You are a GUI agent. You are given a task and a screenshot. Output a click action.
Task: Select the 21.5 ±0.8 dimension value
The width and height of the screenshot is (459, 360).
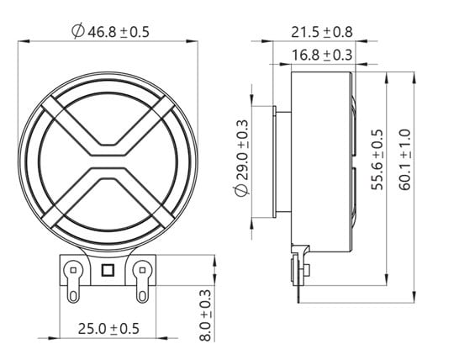(x=321, y=32)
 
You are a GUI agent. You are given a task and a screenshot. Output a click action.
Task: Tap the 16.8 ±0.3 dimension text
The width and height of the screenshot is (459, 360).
(x=321, y=55)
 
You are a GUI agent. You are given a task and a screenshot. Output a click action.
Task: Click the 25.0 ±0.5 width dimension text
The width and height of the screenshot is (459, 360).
(x=106, y=329)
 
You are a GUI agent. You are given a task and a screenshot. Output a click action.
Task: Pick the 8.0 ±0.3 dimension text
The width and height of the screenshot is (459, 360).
(x=204, y=315)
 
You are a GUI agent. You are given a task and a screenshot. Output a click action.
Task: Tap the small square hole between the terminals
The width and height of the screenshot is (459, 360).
(x=107, y=270)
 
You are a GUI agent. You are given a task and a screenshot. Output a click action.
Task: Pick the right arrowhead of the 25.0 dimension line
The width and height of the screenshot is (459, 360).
(x=154, y=339)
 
